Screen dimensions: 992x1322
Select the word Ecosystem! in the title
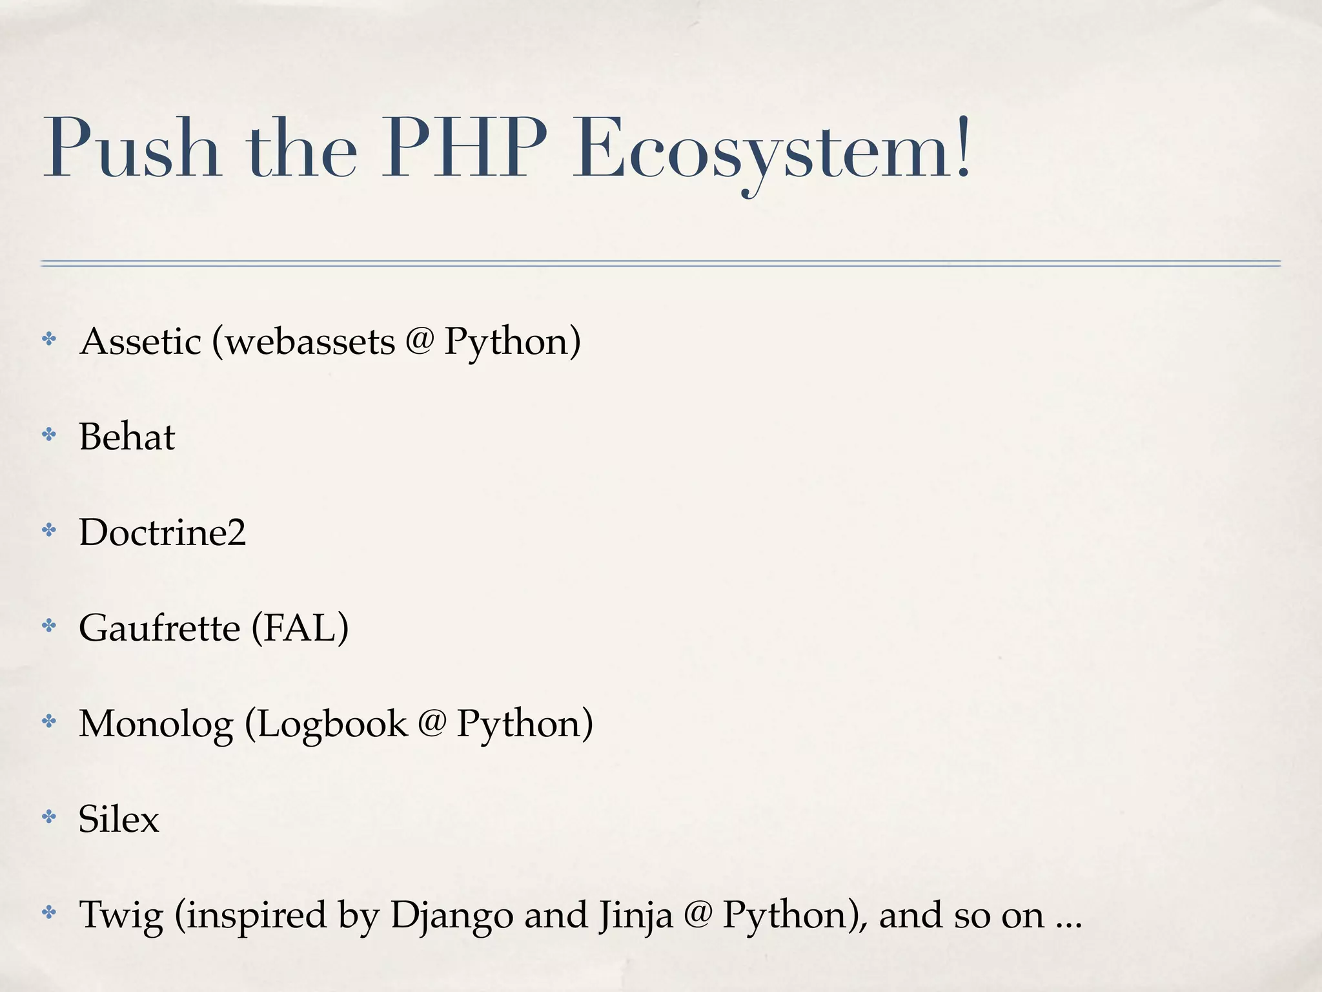pos(772,150)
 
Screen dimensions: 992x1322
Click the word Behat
pos(127,437)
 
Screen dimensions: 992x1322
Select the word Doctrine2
pos(163,532)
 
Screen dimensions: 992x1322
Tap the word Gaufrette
pos(159,628)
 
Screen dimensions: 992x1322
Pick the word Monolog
pos(156,723)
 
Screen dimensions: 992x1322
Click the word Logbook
pos(333,723)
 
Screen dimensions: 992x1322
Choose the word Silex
pos(119,819)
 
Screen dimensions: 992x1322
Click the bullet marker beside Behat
pos(49,435)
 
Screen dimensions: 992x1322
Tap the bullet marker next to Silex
pos(49,817)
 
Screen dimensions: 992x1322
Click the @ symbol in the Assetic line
pos(420,340)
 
